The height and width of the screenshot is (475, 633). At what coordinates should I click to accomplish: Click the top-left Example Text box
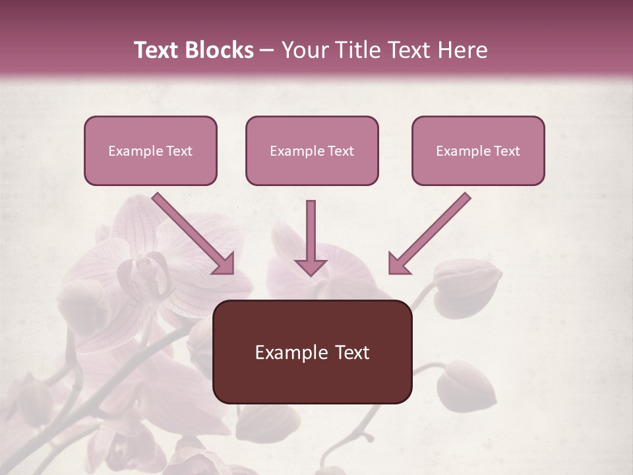pyautogui.click(x=150, y=151)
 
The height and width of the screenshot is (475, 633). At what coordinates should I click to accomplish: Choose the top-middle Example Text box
pyautogui.click(x=312, y=151)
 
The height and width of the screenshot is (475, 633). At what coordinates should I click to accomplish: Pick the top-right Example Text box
pyautogui.click(x=478, y=151)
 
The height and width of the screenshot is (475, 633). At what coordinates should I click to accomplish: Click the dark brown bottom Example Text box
pyautogui.click(x=312, y=352)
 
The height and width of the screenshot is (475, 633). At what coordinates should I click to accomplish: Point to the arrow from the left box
pyautogui.click(x=191, y=232)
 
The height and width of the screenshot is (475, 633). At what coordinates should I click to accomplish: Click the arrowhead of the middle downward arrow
pyautogui.click(x=311, y=266)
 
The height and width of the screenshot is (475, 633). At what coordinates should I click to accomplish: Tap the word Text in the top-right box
pyautogui.click(x=506, y=151)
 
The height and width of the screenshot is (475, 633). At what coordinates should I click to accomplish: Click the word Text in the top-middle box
pyautogui.click(x=340, y=151)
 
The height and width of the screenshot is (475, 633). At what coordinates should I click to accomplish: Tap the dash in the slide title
pyautogui.click(x=267, y=51)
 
